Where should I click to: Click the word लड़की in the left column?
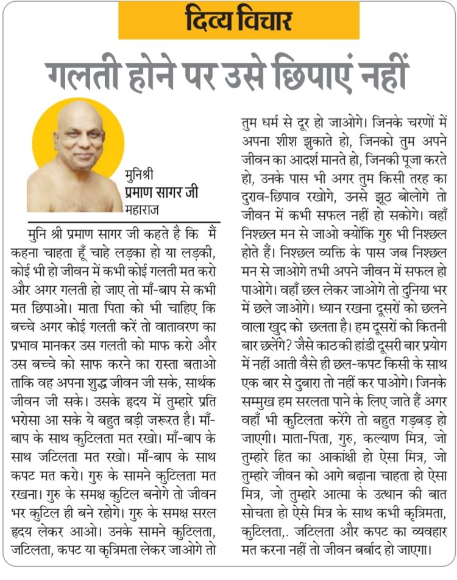point(196,252)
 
